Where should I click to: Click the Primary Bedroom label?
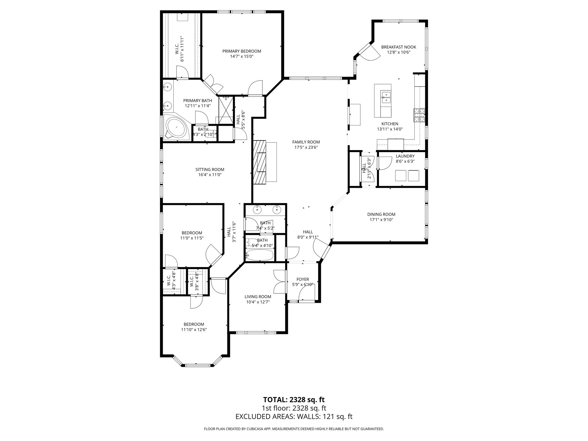(241, 51)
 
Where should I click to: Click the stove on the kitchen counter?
(419, 115)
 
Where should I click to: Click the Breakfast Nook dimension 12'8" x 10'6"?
(399, 52)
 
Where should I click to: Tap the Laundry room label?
(405, 156)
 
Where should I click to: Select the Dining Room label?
(381, 214)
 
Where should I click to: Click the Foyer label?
(303, 279)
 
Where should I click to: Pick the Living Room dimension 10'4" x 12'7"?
(258, 302)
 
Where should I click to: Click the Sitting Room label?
(210, 169)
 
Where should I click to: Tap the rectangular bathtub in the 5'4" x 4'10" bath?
(260, 255)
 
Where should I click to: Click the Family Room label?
(306, 142)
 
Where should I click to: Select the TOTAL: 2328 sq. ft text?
(294, 400)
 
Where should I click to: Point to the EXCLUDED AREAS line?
(294, 417)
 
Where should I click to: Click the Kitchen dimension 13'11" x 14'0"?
(390, 129)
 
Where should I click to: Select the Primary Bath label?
(198, 100)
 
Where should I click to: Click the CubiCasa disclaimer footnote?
(294, 429)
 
